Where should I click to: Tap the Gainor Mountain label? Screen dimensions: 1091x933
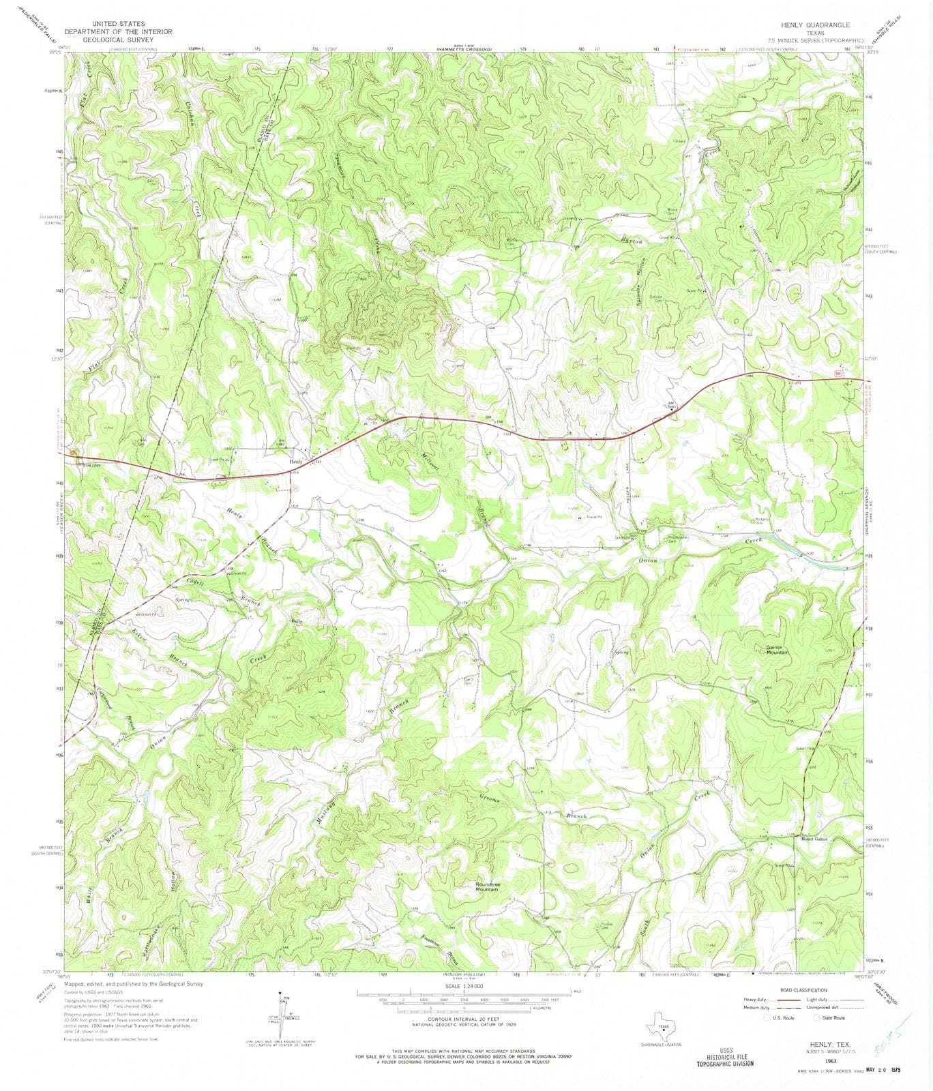click(x=776, y=650)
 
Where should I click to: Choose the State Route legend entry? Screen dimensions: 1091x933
click(x=829, y=1018)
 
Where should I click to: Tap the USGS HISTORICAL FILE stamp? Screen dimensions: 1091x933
click(x=725, y=1056)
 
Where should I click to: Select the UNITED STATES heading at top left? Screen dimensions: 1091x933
click(x=118, y=23)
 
